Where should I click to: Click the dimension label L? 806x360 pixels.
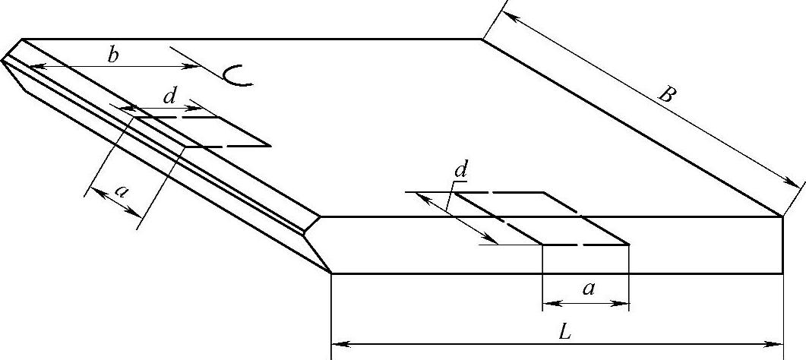[x=563, y=332]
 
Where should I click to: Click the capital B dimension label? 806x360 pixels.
[x=667, y=95]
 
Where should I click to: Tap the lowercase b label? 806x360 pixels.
[x=112, y=55]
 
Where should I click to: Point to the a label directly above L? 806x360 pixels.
[x=586, y=288]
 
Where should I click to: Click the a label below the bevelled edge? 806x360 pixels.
[x=120, y=191]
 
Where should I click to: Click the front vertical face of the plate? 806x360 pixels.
[x=555, y=245]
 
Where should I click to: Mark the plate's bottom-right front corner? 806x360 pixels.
[x=782, y=273]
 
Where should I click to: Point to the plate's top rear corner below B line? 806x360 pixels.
[x=482, y=38]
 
